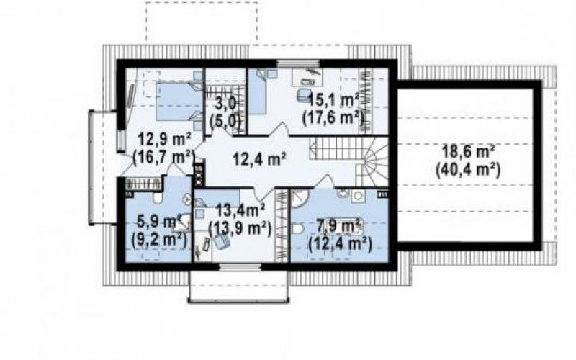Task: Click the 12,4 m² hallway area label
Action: pyautogui.click(x=260, y=159)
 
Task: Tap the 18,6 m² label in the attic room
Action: pyautogui.click(x=468, y=151)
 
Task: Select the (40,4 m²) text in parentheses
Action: pyautogui.click(x=468, y=170)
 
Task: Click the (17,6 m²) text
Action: pyautogui.click(x=333, y=118)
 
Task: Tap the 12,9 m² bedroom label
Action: pyautogui.click(x=164, y=140)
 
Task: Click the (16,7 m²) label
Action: pyautogui.click(x=163, y=158)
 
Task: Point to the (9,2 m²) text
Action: pyautogui.click(x=159, y=240)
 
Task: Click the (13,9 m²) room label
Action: pyautogui.click(x=240, y=229)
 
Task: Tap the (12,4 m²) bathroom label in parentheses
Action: pyautogui.click(x=341, y=243)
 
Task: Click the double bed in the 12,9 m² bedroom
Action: pyautogui.click(x=179, y=101)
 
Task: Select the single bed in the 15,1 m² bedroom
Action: pyautogui.click(x=257, y=93)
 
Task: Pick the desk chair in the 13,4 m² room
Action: pyautogui.click(x=221, y=241)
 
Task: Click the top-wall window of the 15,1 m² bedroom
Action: pyautogui.click(x=299, y=63)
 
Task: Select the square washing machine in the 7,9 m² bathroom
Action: pyautogui.click(x=358, y=196)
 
